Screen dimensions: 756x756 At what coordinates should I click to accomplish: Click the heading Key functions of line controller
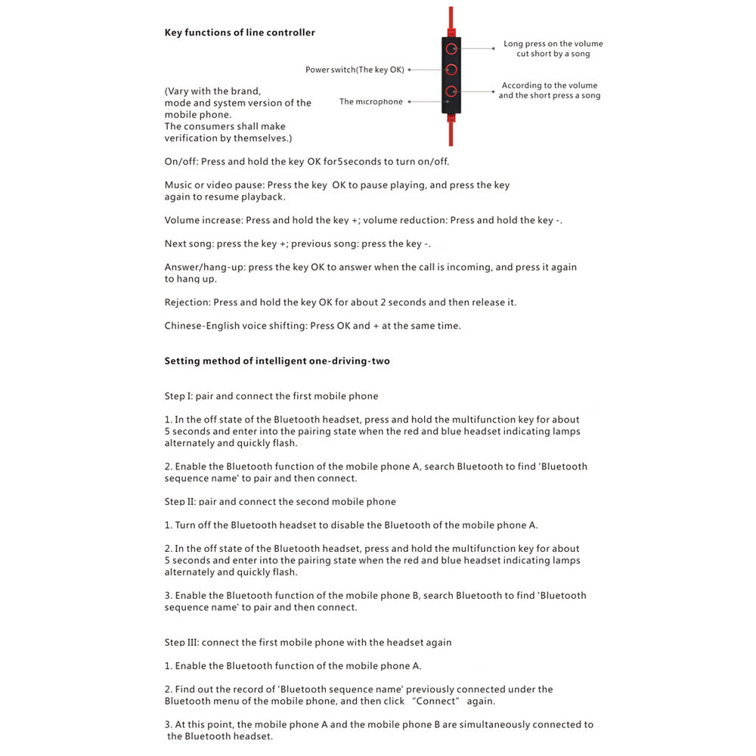tap(240, 33)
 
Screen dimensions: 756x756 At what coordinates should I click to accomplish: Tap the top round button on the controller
tap(451, 49)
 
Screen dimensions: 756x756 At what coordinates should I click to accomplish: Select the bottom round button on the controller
tap(451, 91)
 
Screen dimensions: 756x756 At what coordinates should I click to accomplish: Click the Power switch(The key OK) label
tap(355, 70)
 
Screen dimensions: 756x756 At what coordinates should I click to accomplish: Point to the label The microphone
tap(370, 101)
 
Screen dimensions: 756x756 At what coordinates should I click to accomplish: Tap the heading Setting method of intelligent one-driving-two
tap(277, 361)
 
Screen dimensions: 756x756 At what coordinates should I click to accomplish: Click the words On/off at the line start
tap(181, 162)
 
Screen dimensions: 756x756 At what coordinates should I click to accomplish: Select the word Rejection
tap(187, 302)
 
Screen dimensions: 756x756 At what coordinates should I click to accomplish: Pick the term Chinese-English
tap(201, 326)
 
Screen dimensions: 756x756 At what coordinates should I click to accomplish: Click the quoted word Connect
tap(438, 701)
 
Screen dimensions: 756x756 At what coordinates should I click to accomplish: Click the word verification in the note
tap(194, 138)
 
